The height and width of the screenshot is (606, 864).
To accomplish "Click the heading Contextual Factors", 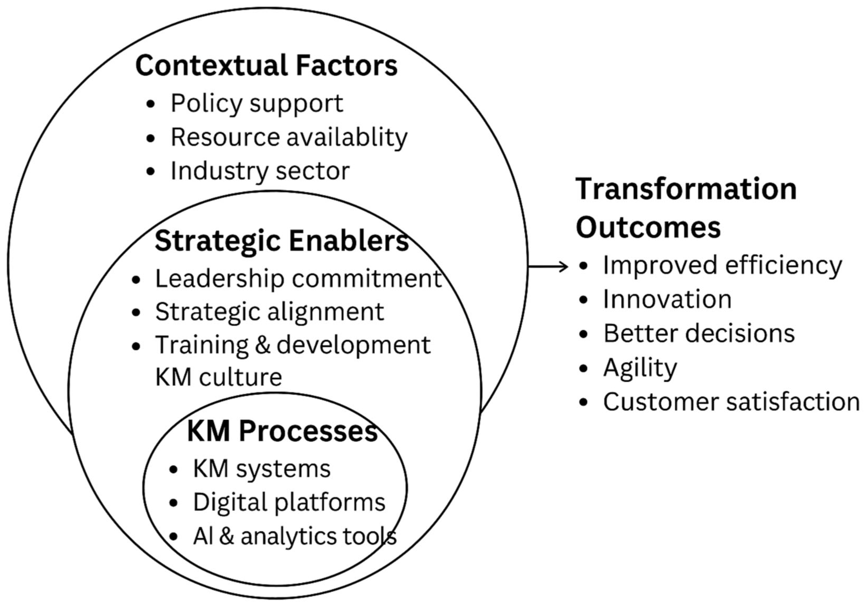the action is coord(266,65).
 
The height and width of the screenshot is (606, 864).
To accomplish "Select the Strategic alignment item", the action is coord(269,312).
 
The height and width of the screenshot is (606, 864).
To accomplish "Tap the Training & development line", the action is coord(293,345).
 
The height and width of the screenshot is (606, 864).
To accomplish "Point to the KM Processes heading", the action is coord(282,431).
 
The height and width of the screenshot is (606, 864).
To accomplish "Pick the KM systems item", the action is coord(261,469).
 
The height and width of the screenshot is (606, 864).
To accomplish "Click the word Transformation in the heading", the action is coord(686,189).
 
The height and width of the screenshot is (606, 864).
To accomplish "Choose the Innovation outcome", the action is coord(667,300).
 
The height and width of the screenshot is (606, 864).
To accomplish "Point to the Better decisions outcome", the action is coord(699,333).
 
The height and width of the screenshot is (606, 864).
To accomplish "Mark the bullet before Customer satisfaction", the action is coord(584,402).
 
